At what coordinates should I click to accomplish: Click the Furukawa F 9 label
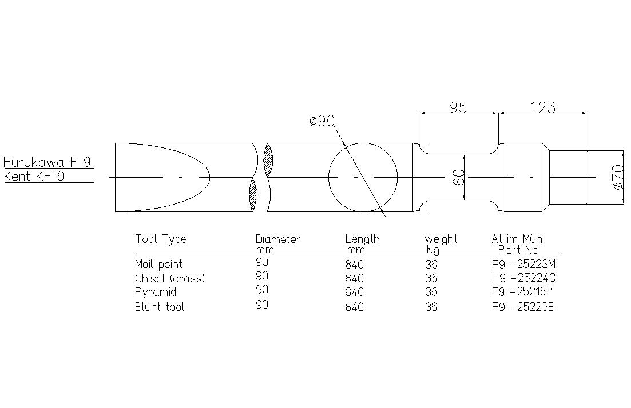(x=47, y=162)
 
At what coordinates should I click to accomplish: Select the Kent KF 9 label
(x=34, y=176)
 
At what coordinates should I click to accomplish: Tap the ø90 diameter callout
(x=322, y=120)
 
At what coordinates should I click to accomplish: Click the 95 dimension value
(x=458, y=107)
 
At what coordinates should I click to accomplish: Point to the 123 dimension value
(x=543, y=107)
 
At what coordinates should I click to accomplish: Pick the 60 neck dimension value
(x=459, y=177)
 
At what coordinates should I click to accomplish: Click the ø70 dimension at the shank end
(x=617, y=177)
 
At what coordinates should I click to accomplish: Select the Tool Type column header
(x=161, y=239)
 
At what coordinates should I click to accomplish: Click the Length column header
(x=362, y=239)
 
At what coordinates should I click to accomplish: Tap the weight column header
(x=441, y=239)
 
